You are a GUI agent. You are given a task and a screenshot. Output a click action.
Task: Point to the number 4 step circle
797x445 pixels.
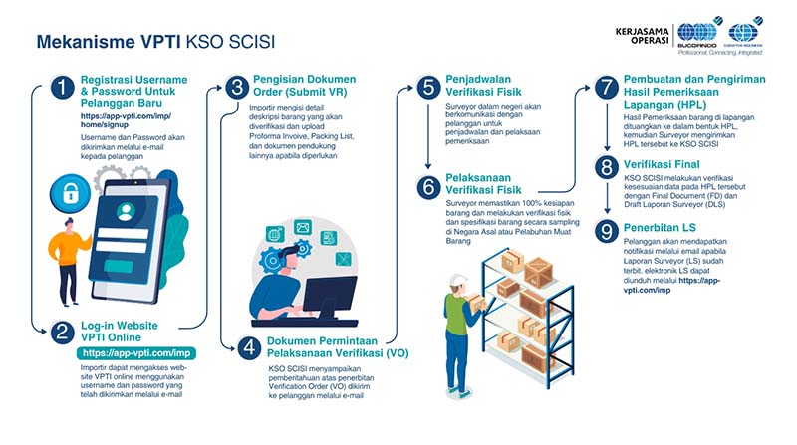[x=247, y=348]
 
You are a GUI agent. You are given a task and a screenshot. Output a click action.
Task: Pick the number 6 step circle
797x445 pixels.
[x=428, y=186]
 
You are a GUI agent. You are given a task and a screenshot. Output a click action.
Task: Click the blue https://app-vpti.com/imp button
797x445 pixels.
[x=136, y=352]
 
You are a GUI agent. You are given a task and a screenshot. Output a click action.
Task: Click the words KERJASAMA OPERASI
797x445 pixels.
[x=653, y=38]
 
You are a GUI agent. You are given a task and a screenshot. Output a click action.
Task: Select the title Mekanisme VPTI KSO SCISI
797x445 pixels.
[x=155, y=43]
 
